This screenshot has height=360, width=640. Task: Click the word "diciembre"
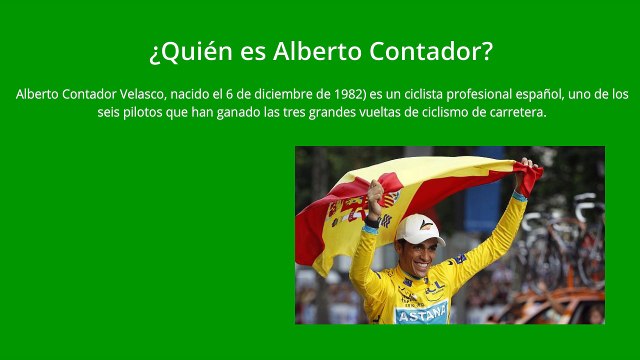280,94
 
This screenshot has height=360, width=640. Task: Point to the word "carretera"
513,112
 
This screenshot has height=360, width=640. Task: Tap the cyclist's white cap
419,229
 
